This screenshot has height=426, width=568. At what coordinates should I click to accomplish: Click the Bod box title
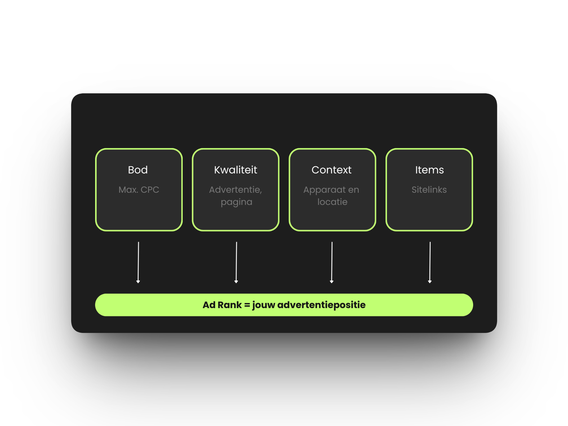click(x=138, y=170)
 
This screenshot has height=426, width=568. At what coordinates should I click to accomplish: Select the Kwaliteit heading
click(x=235, y=170)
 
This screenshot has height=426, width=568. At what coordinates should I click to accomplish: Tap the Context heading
click(x=331, y=170)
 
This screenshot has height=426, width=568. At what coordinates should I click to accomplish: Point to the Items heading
click(x=429, y=170)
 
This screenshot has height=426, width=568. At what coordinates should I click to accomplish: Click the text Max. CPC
click(x=139, y=190)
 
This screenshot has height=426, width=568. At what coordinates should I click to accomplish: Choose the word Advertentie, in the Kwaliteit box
click(x=235, y=190)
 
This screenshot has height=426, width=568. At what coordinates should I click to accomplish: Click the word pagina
click(x=237, y=202)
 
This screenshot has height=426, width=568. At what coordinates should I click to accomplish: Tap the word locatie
click(x=332, y=202)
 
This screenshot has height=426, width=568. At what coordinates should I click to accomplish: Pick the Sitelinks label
click(x=429, y=190)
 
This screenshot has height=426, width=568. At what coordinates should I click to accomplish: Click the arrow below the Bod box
click(x=138, y=262)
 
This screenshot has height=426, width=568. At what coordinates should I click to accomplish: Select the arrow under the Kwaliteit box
click(x=236, y=262)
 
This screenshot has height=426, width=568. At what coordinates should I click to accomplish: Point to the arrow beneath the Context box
click(x=332, y=262)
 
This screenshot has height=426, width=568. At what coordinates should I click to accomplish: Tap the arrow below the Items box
click(x=430, y=262)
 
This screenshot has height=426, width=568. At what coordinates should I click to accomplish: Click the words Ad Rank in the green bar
click(x=222, y=305)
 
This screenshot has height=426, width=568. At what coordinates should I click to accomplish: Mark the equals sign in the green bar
click(x=247, y=305)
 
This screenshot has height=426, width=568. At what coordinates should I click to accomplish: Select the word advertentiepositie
click(x=321, y=305)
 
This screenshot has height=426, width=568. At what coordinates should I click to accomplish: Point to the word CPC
click(x=150, y=190)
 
